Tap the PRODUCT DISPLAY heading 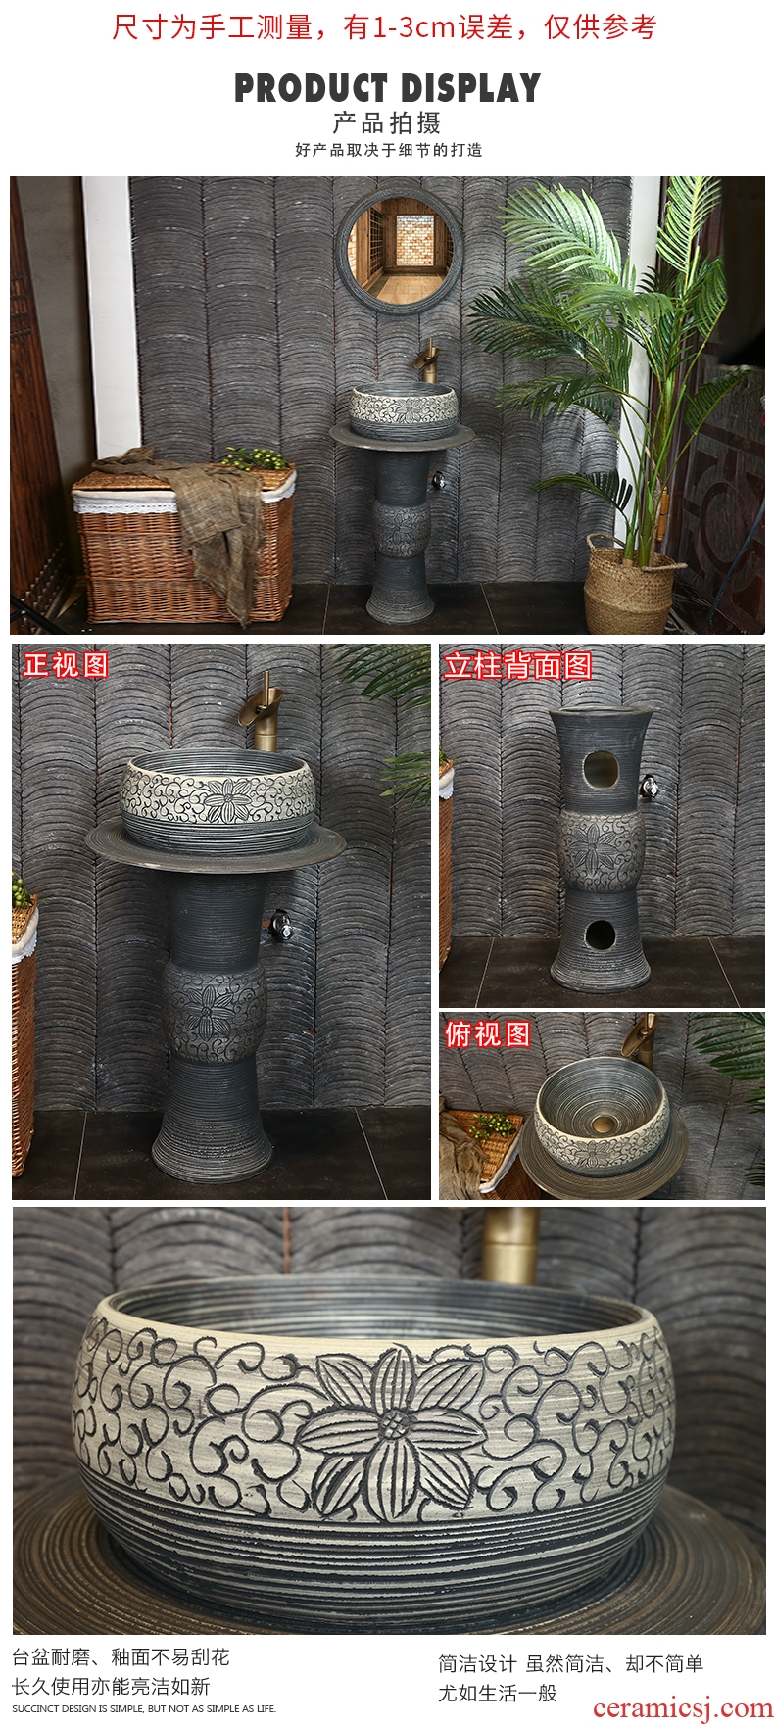tap(387, 88)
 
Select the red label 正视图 tap(67, 665)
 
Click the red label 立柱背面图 tap(518, 666)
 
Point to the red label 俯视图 tap(488, 1034)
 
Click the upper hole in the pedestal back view tap(599, 771)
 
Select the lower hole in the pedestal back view tap(599, 935)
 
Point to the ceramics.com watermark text tap(683, 1708)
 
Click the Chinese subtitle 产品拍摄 tap(387, 123)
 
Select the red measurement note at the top tap(384, 26)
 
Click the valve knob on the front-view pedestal tap(281, 925)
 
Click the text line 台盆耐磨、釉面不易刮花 tap(121, 1656)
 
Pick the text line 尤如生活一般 tap(498, 1692)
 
